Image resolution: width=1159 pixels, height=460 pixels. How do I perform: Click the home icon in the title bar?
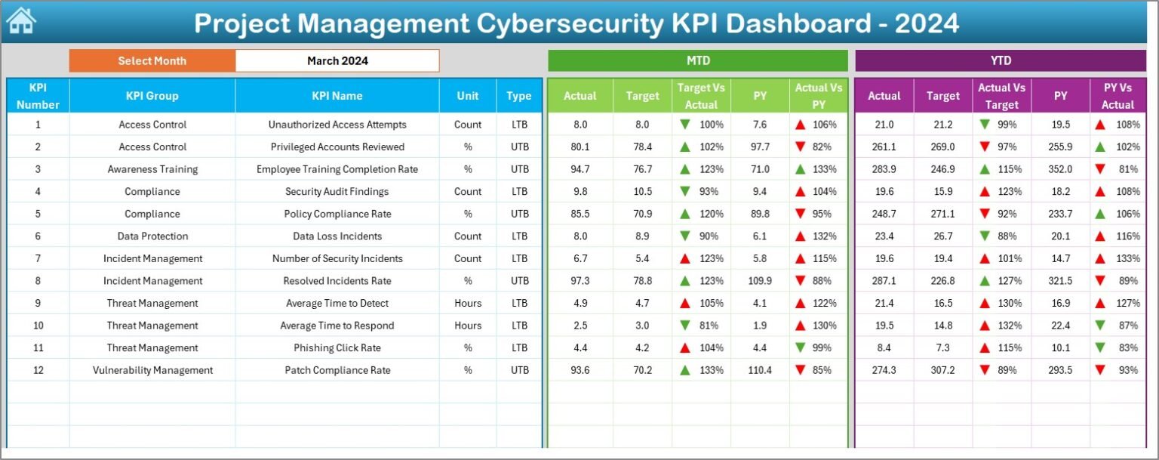(21, 21)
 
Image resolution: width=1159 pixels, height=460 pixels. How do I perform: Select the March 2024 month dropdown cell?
(337, 61)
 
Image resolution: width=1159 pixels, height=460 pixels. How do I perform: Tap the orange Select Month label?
(152, 61)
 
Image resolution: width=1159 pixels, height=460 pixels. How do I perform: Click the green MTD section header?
(697, 61)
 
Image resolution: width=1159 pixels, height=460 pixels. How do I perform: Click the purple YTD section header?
(1000, 61)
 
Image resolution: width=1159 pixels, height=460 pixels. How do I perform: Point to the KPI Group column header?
(152, 96)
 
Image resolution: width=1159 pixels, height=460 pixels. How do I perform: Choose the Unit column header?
(467, 96)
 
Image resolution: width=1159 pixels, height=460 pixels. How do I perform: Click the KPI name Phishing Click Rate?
(337, 348)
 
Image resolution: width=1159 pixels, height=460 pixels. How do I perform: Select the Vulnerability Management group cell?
(152, 370)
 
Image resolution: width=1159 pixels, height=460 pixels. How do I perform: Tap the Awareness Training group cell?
(152, 169)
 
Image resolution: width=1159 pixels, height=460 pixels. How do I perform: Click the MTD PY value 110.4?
(760, 370)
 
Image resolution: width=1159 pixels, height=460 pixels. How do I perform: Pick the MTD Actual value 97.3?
(579, 281)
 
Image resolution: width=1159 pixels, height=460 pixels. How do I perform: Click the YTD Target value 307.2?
(942, 370)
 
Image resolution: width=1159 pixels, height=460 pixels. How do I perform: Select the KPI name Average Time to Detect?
(337, 304)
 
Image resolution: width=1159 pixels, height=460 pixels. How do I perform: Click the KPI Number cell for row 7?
(38, 258)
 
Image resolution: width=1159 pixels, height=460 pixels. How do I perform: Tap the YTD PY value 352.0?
(1060, 169)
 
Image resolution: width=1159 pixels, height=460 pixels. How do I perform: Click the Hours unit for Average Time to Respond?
(467, 326)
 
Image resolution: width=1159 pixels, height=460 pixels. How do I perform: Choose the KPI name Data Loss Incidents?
(337, 236)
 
